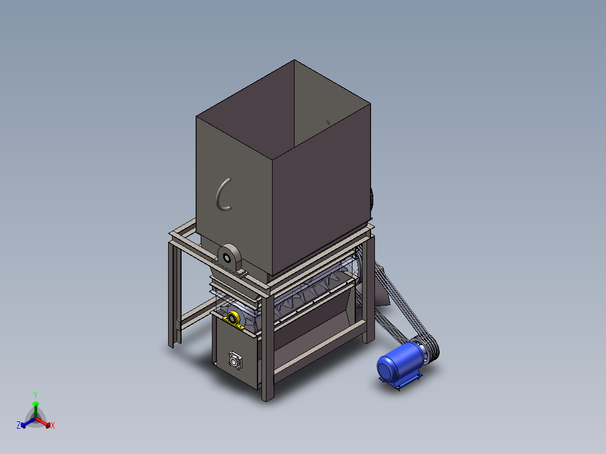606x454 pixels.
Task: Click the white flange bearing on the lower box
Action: (x=235, y=361)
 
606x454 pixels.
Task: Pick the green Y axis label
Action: (x=35, y=396)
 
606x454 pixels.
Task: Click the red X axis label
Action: (x=53, y=425)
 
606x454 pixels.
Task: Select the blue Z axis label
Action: (x=19, y=425)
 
